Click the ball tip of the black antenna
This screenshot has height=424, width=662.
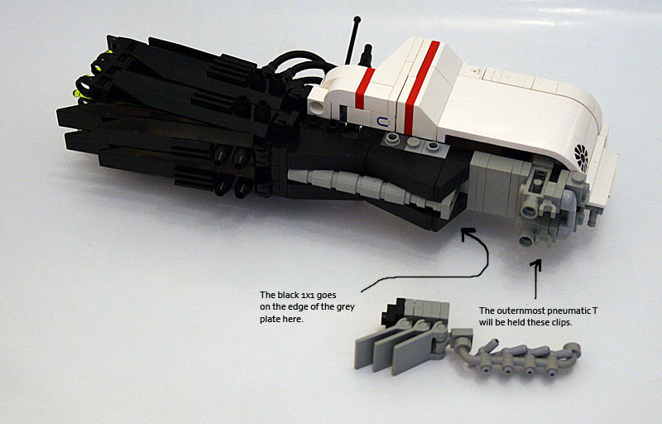point(357,19)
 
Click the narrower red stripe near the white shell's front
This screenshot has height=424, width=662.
point(365,89)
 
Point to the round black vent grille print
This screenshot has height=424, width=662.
point(582,157)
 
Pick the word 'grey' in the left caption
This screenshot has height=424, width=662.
point(346,307)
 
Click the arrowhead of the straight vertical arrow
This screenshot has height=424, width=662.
point(536,264)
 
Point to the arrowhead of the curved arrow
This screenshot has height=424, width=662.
point(467,232)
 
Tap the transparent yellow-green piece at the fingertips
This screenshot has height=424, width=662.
point(78,94)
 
